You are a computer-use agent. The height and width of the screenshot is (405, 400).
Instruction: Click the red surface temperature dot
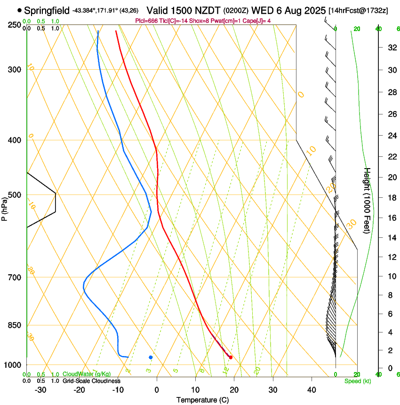(x=231, y=357)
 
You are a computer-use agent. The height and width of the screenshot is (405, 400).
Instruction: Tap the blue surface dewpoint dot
(x=151, y=357)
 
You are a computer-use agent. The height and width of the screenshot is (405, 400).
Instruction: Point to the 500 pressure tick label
(x=14, y=195)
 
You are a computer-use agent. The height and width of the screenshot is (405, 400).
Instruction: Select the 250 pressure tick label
(x=14, y=25)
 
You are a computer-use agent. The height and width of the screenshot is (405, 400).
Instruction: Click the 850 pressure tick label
(x=14, y=325)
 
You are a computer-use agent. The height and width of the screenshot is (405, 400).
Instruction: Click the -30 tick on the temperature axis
(x=40, y=389)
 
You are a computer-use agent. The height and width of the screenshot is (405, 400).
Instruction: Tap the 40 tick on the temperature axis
(x=312, y=389)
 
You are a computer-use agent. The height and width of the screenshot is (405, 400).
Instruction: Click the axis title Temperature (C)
(x=202, y=400)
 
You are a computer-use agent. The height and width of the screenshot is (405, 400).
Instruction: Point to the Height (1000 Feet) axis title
(x=368, y=201)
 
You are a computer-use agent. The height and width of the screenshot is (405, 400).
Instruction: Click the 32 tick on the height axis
(x=391, y=48)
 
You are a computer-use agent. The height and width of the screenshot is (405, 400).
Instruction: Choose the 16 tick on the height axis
(x=391, y=218)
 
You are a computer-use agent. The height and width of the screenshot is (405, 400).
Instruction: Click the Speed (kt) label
(x=357, y=381)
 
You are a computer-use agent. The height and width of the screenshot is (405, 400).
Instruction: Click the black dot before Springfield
(x=19, y=10)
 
